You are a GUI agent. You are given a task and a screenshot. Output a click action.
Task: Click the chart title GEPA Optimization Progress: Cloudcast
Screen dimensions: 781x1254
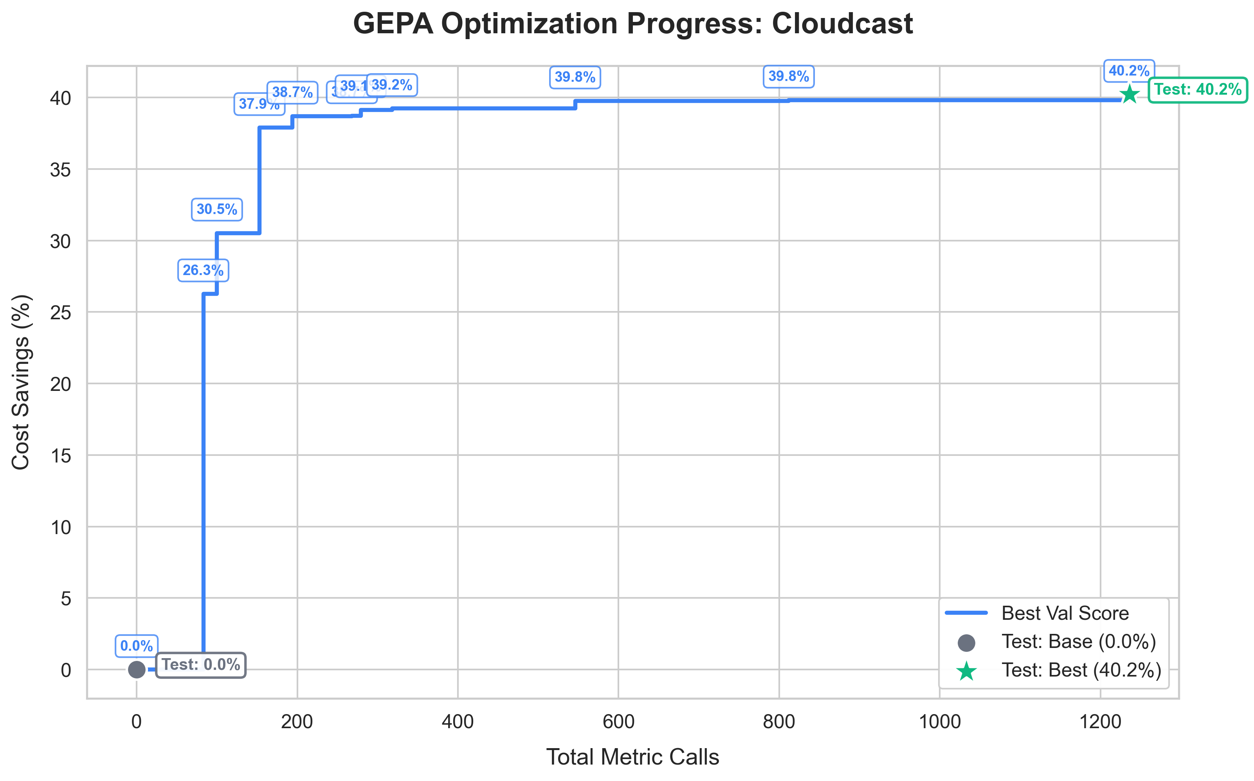coord(632,24)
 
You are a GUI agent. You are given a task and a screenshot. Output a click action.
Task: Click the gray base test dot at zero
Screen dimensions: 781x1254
coord(137,669)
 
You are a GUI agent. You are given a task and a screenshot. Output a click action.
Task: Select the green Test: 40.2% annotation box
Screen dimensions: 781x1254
coord(1197,90)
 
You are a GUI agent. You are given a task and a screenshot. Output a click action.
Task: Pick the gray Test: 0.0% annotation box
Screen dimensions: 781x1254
coord(200,665)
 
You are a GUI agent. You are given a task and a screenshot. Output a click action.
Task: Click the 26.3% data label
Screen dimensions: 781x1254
coord(203,270)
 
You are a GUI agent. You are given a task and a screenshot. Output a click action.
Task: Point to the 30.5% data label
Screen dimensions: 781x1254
coord(217,209)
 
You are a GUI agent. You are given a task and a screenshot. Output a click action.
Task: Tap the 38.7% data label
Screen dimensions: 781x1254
coord(292,92)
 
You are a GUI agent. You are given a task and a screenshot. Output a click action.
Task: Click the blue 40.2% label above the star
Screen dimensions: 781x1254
coord(1129,71)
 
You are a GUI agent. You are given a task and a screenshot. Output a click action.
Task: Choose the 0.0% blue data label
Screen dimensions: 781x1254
coord(137,646)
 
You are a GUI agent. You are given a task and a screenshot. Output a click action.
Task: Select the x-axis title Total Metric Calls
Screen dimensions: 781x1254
coord(632,757)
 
